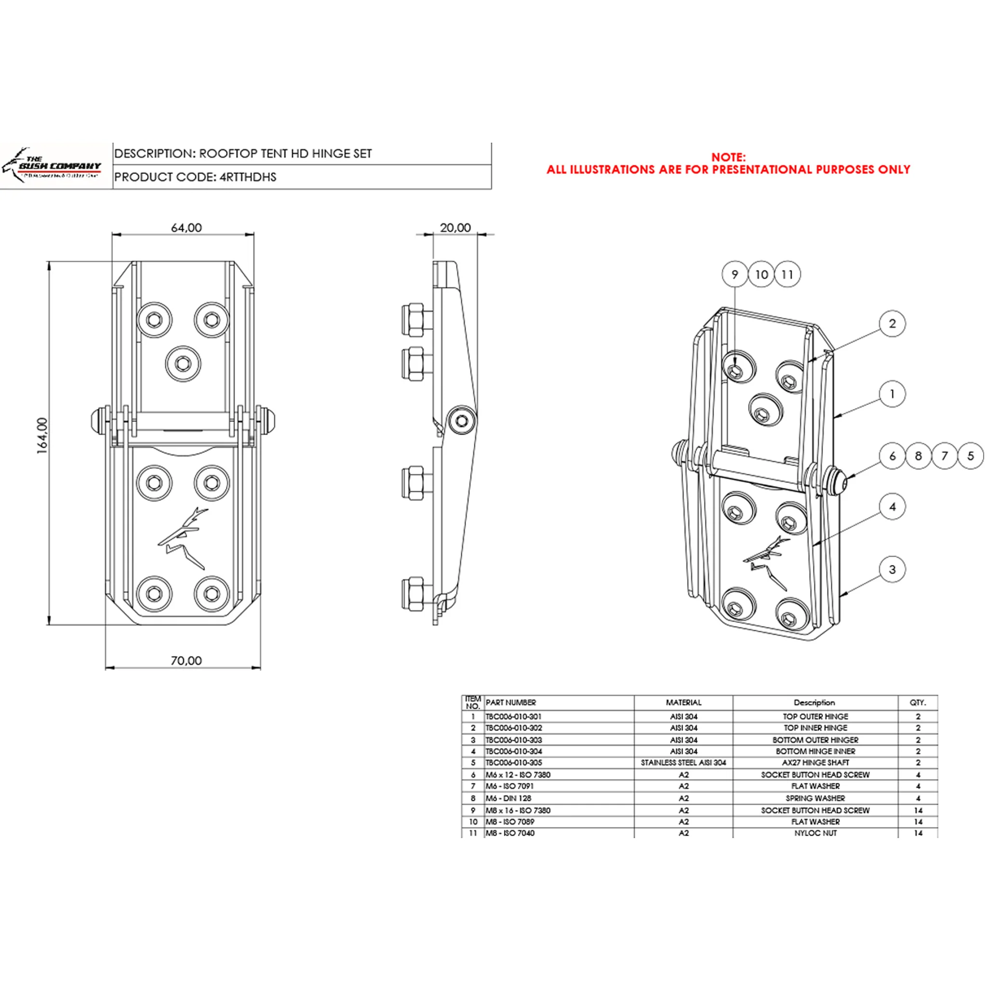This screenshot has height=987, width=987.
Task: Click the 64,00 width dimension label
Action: point(186,228)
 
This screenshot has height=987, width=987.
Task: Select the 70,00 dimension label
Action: point(186,661)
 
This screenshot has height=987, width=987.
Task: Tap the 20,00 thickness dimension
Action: point(455,228)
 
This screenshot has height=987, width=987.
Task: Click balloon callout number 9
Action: point(734,274)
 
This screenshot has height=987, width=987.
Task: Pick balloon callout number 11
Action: point(787,274)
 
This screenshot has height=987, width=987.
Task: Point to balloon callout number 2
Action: point(892,323)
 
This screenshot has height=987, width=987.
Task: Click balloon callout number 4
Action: point(892,507)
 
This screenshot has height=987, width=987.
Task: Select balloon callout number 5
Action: point(970,456)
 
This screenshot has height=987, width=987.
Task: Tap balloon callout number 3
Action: point(892,569)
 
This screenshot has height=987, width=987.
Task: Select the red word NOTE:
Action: point(728,157)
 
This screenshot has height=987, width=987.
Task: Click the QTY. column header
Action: point(918,703)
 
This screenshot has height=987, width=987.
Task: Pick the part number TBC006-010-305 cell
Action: point(513,763)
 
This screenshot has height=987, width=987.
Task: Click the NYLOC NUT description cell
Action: point(815,833)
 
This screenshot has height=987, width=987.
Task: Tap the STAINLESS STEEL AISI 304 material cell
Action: point(683,763)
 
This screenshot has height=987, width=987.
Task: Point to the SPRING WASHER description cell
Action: point(815,798)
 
